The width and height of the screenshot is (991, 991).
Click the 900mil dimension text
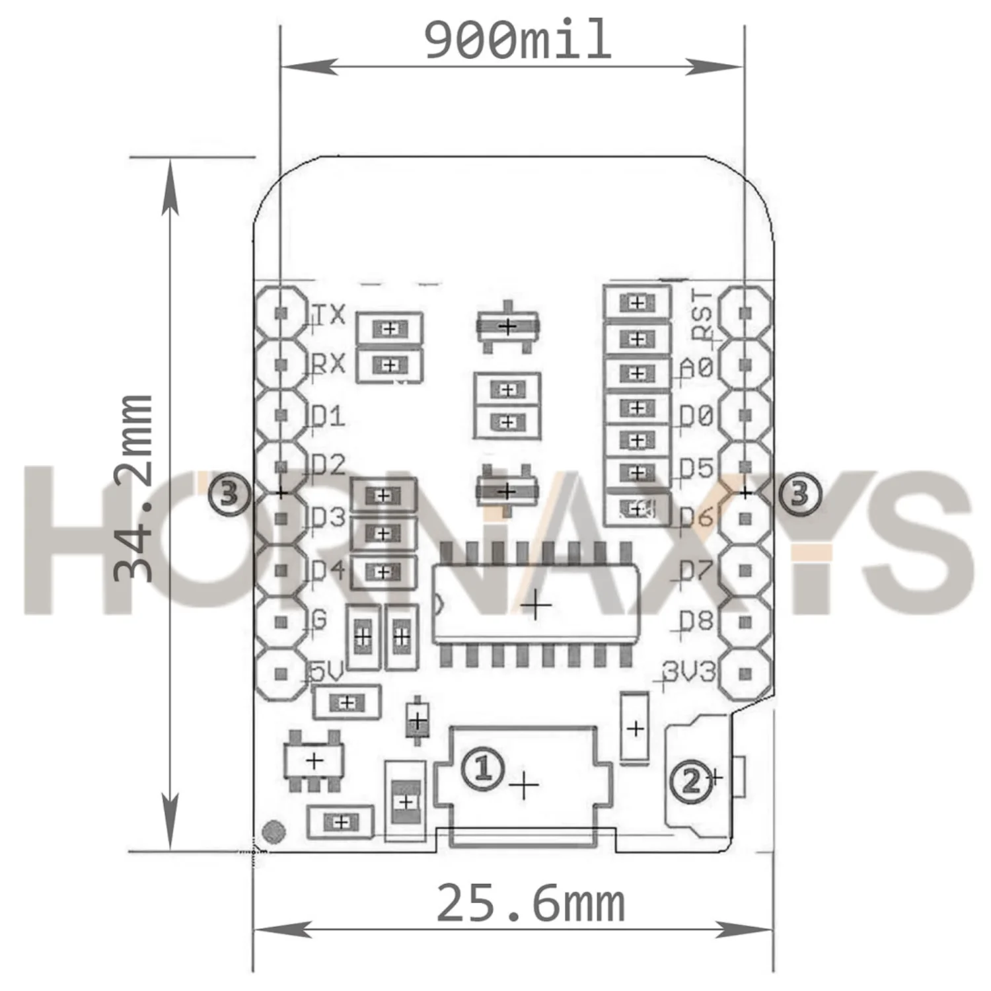(x=517, y=41)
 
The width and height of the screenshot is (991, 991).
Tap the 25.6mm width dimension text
(x=531, y=904)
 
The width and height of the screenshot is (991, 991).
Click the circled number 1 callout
(x=483, y=768)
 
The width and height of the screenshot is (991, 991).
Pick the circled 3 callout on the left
(x=229, y=493)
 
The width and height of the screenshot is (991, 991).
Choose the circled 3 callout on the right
(x=799, y=493)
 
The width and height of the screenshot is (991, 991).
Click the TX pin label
(x=328, y=314)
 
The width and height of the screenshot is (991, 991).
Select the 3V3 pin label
(x=689, y=672)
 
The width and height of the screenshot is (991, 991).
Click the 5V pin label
(x=327, y=673)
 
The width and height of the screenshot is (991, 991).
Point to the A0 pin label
(x=696, y=367)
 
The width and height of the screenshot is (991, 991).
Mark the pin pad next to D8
(x=745, y=622)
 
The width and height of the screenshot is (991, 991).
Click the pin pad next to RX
(x=281, y=364)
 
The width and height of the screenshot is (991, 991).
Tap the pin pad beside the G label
(x=281, y=622)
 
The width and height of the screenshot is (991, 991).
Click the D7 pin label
(x=696, y=569)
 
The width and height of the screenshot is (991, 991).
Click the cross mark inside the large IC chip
(x=536, y=605)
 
